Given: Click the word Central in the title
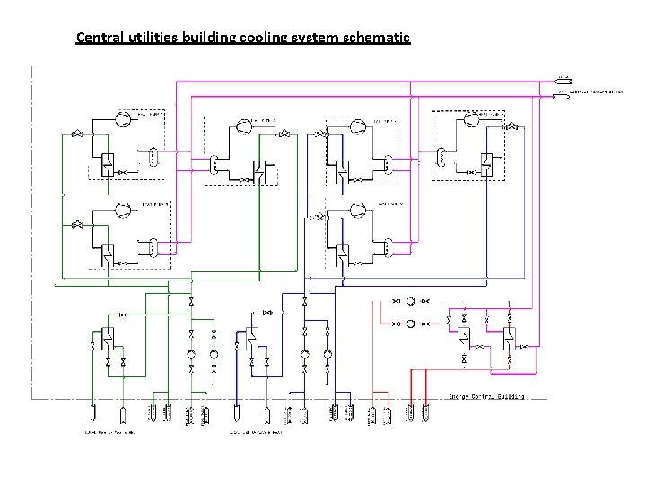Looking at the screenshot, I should point(100,38).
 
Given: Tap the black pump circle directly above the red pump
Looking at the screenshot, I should point(411,302).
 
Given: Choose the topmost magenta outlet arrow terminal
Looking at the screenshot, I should point(563,78).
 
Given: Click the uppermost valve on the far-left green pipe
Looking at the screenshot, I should point(78,134).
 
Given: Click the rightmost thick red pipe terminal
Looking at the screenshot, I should point(426,413).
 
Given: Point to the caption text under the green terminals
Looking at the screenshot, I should point(111,432).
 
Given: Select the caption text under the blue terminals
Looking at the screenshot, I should point(256,432).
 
